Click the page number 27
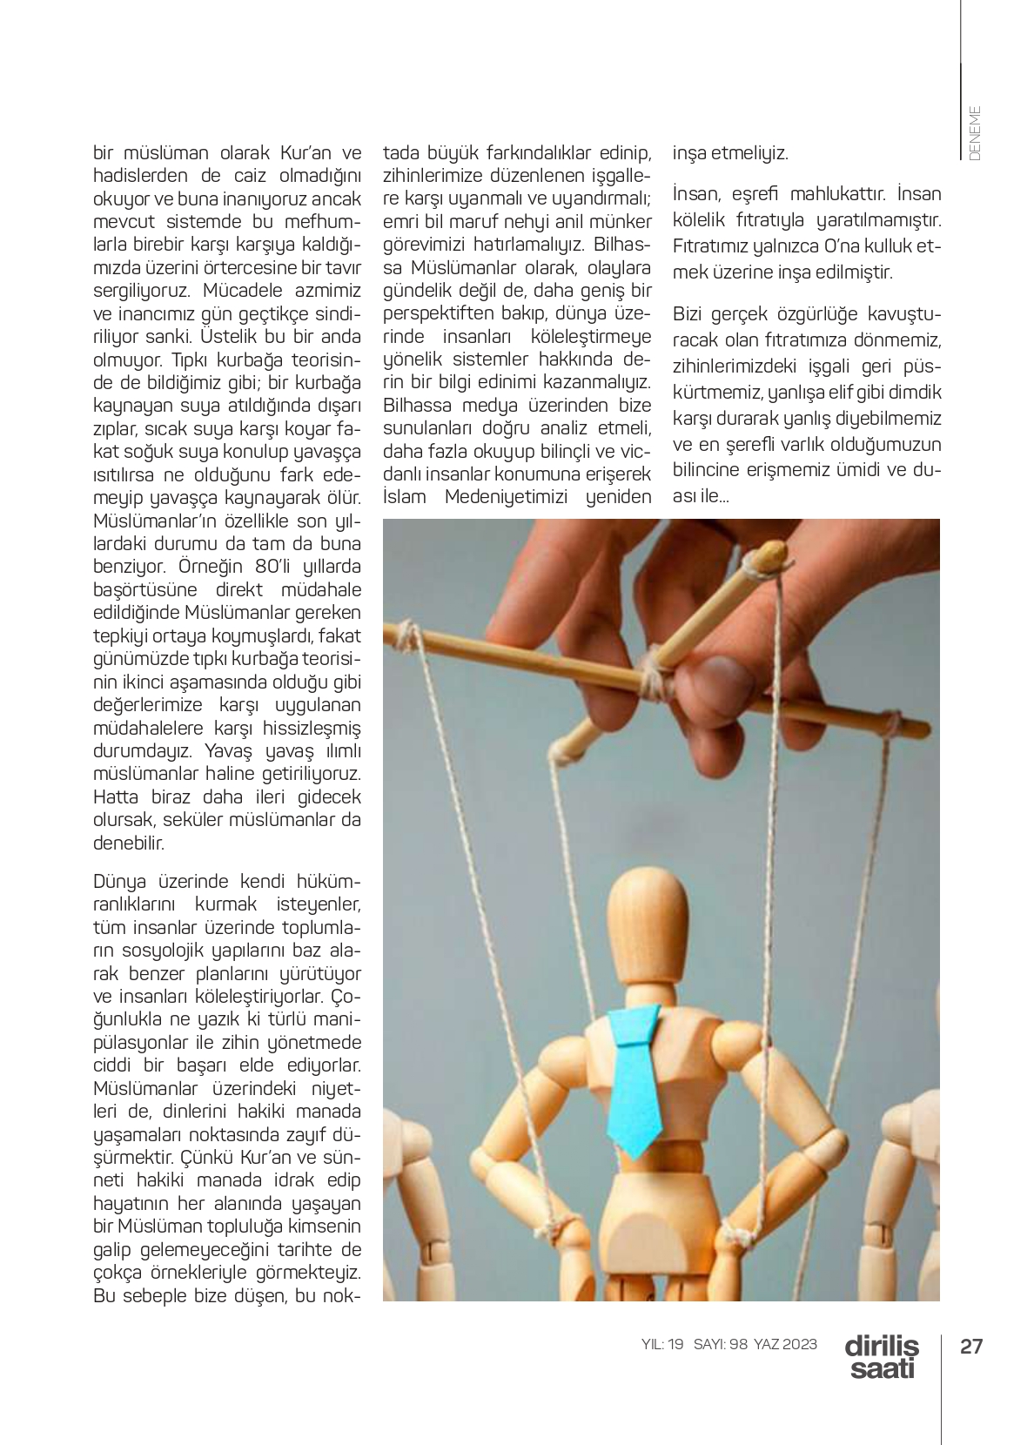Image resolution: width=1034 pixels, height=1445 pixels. coord(970,1347)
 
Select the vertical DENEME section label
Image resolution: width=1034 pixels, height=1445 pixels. coord(974,132)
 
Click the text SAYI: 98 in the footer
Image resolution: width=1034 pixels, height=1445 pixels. coord(721,1344)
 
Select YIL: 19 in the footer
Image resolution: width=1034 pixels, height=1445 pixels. coord(662,1344)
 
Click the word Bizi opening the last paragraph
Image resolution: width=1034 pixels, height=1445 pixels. coord(691,314)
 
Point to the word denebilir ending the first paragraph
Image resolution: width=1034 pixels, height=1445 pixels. coord(129,843)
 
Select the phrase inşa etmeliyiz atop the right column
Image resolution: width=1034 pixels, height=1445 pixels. coord(730,154)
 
